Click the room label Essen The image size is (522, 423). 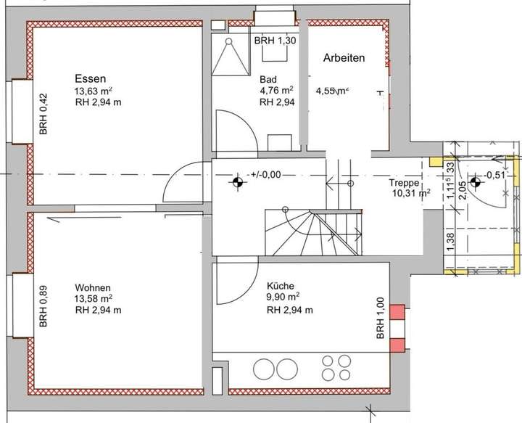[x=91, y=78]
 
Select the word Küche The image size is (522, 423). [x=280, y=286]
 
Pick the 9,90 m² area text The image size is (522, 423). [x=283, y=298]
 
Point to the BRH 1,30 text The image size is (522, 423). [x=275, y=41]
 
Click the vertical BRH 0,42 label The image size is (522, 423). [x=43, y=115]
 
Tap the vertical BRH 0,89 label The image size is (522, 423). [x=43, y=309]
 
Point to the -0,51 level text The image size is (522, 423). [x=496, y=175]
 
